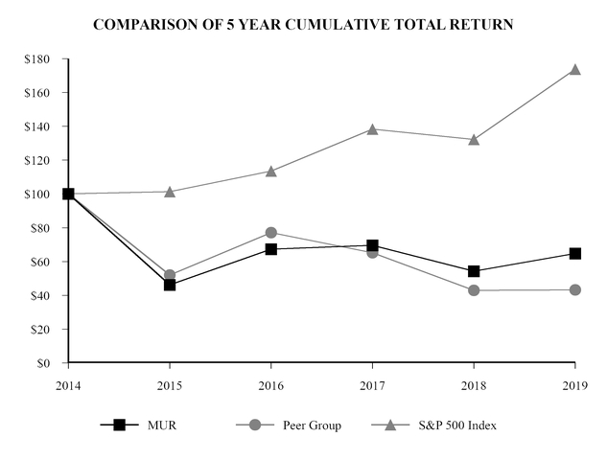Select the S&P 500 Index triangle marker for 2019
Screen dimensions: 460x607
[574, 70]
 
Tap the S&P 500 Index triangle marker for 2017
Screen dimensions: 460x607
[372, 128]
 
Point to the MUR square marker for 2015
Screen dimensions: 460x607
[170, 285]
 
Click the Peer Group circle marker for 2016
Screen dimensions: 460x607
[270, 233]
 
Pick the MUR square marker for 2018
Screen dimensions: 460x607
[473, 271]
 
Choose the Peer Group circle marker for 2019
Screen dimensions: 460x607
[574, 289]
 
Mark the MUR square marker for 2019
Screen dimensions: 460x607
[574, 254]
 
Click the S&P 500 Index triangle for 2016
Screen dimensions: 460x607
[270, 171]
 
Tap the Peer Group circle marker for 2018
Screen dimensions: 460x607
[473, 290]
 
